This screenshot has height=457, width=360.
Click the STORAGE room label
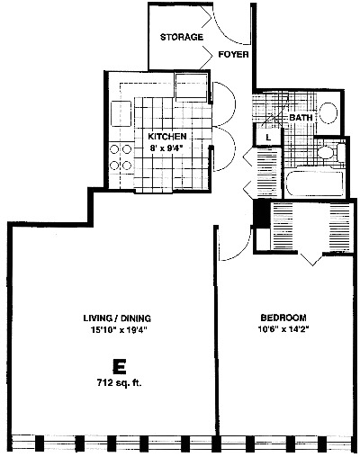click(182, 38)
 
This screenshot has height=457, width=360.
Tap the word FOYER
click(234, 54)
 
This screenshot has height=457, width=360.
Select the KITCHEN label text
click(166, 137)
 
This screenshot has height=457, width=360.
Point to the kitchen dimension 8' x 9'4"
click(166, 150)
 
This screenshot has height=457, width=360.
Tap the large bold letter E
click(117, 366)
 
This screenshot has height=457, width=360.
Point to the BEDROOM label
click(283, 317)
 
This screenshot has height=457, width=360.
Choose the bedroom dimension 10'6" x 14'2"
click(283, 329)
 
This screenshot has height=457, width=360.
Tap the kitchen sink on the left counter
click(120, 115)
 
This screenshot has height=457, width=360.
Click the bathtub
click(315, 184)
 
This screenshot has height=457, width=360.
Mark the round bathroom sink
click(328, 113)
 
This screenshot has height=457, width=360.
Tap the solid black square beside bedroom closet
click(262, 214)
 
